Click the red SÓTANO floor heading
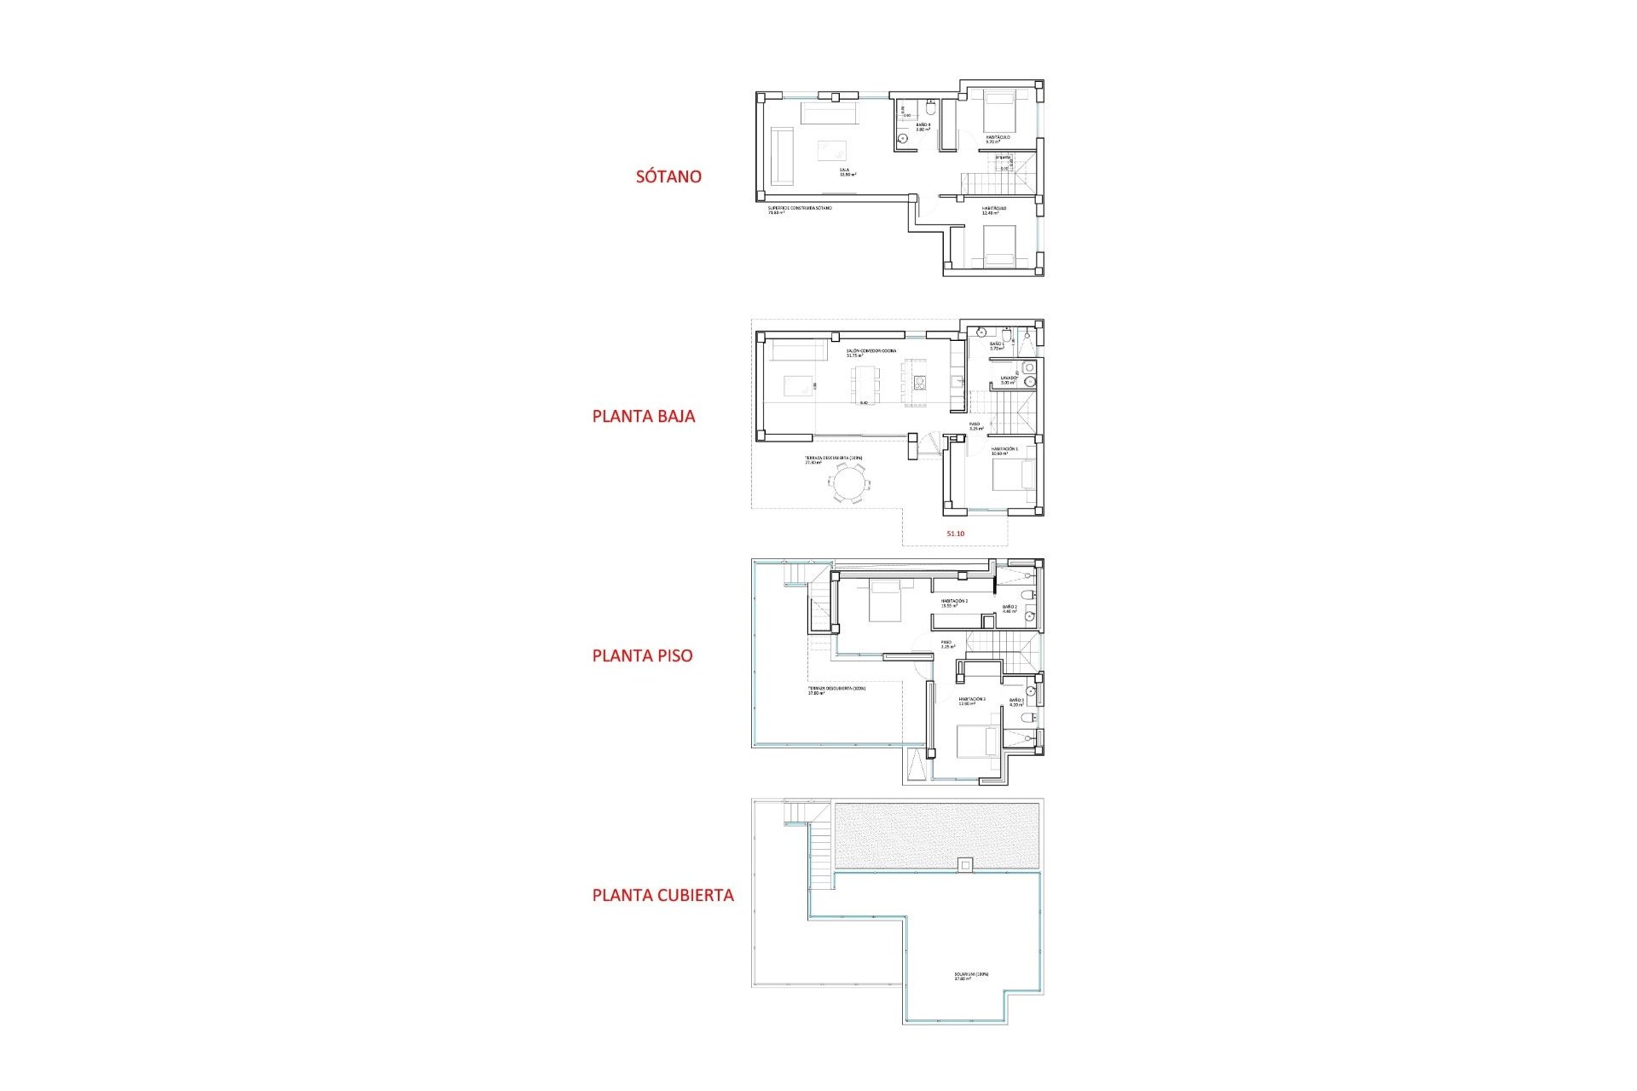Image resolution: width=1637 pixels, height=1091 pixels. [x=668, y=176]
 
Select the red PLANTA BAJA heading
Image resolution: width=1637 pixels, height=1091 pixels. [x=644, y=416]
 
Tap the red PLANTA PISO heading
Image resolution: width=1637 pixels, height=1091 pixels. [x=642, y=655]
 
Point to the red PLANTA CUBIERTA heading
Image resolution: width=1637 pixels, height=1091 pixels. [x=662, y=895]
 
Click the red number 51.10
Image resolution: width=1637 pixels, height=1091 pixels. [x=955, y=534]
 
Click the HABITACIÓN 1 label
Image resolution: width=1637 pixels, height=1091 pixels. [x=1004, y=450]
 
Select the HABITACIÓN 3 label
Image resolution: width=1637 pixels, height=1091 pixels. [x=971, y=700]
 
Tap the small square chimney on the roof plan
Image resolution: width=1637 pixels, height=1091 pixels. [x=964, y=865]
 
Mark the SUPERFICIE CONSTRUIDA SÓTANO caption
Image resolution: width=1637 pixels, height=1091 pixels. [x=799, y=209]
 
